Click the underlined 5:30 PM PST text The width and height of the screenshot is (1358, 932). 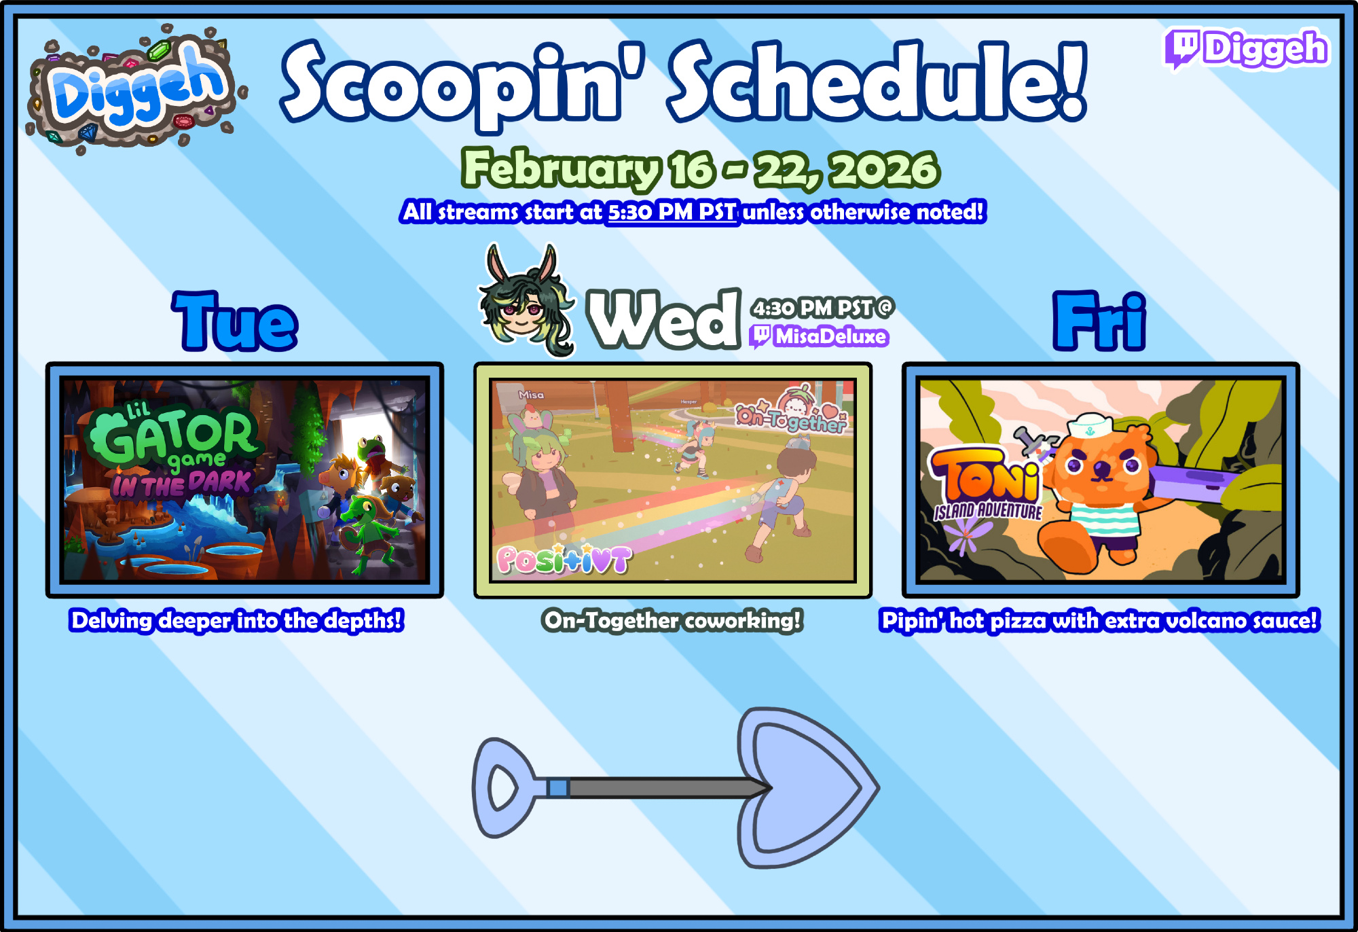672,212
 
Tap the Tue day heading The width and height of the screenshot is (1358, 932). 235,321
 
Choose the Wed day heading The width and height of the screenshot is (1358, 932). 663,318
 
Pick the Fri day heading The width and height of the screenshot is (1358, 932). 1099,321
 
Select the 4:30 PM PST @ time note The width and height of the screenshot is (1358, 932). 822,308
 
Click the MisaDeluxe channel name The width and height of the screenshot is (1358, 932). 830,336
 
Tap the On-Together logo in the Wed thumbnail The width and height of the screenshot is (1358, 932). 793,410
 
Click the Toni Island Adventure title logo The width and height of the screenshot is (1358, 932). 986,484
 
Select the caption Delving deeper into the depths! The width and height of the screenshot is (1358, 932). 236,620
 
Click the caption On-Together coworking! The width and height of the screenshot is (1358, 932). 672,620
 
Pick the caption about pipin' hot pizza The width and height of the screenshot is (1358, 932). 1099,620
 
